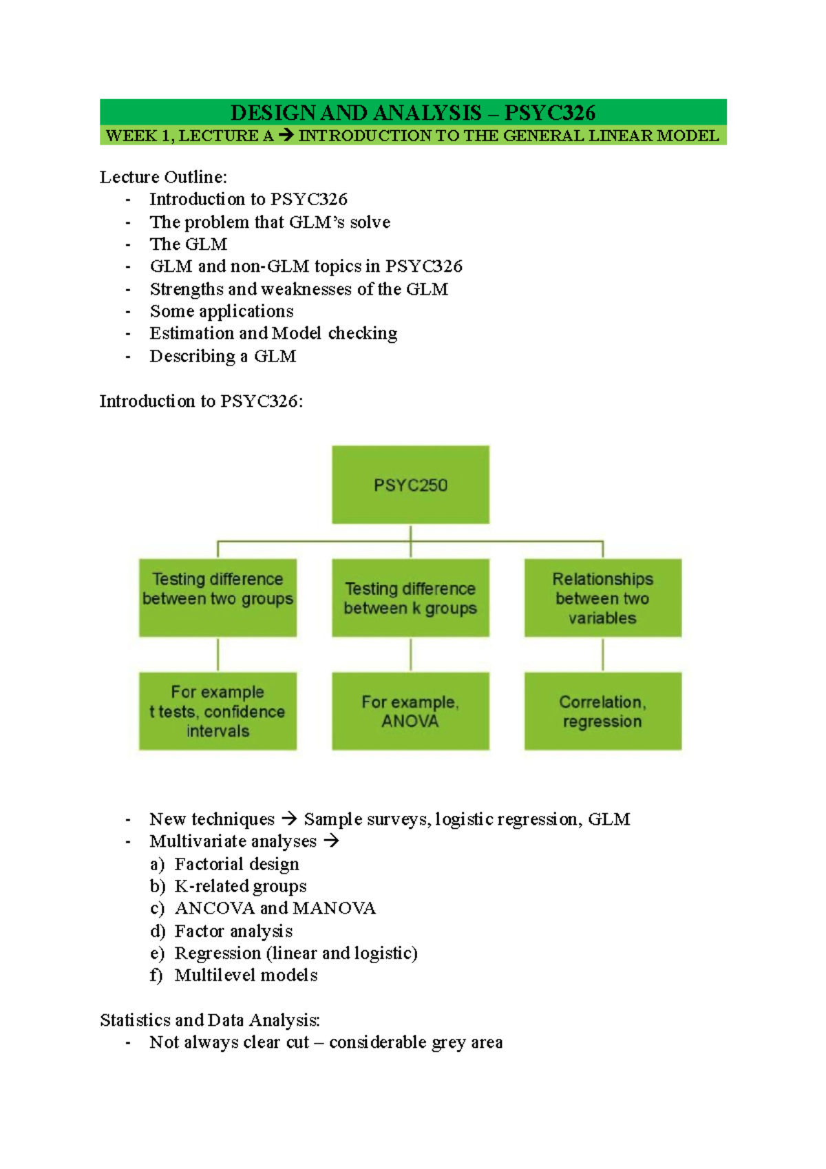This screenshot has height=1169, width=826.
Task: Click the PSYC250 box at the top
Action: pos(410,485)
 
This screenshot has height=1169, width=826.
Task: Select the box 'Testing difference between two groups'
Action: pos(218,598)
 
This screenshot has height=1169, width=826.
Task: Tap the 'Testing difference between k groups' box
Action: pos(410,598)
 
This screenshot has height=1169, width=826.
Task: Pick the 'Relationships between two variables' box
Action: pos(602,598)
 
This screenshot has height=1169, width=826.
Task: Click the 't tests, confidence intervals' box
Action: pos(218,711)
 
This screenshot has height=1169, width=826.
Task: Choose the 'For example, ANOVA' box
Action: pos(410,711)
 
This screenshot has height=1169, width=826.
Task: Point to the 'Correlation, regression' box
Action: pos(602,711)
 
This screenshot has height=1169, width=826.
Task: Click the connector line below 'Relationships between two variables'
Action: pos(603,654)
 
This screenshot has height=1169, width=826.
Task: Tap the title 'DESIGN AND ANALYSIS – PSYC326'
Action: pos(413,112)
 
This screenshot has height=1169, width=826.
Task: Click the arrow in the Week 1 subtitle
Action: pos(286,136)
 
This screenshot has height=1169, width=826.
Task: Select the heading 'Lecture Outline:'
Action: pos(163,177)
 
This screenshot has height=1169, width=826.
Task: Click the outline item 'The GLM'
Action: pos(188,244)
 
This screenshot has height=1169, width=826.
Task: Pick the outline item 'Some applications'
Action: pos(222,311)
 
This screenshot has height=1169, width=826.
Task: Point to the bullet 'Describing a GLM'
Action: pos(223,356)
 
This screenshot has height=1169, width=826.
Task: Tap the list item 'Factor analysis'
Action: pos(233,931)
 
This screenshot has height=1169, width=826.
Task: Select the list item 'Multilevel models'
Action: pos(246,975)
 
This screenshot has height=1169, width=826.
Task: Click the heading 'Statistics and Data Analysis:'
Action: pos(210,1020)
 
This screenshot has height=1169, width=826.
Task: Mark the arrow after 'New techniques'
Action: pos(289,819)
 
